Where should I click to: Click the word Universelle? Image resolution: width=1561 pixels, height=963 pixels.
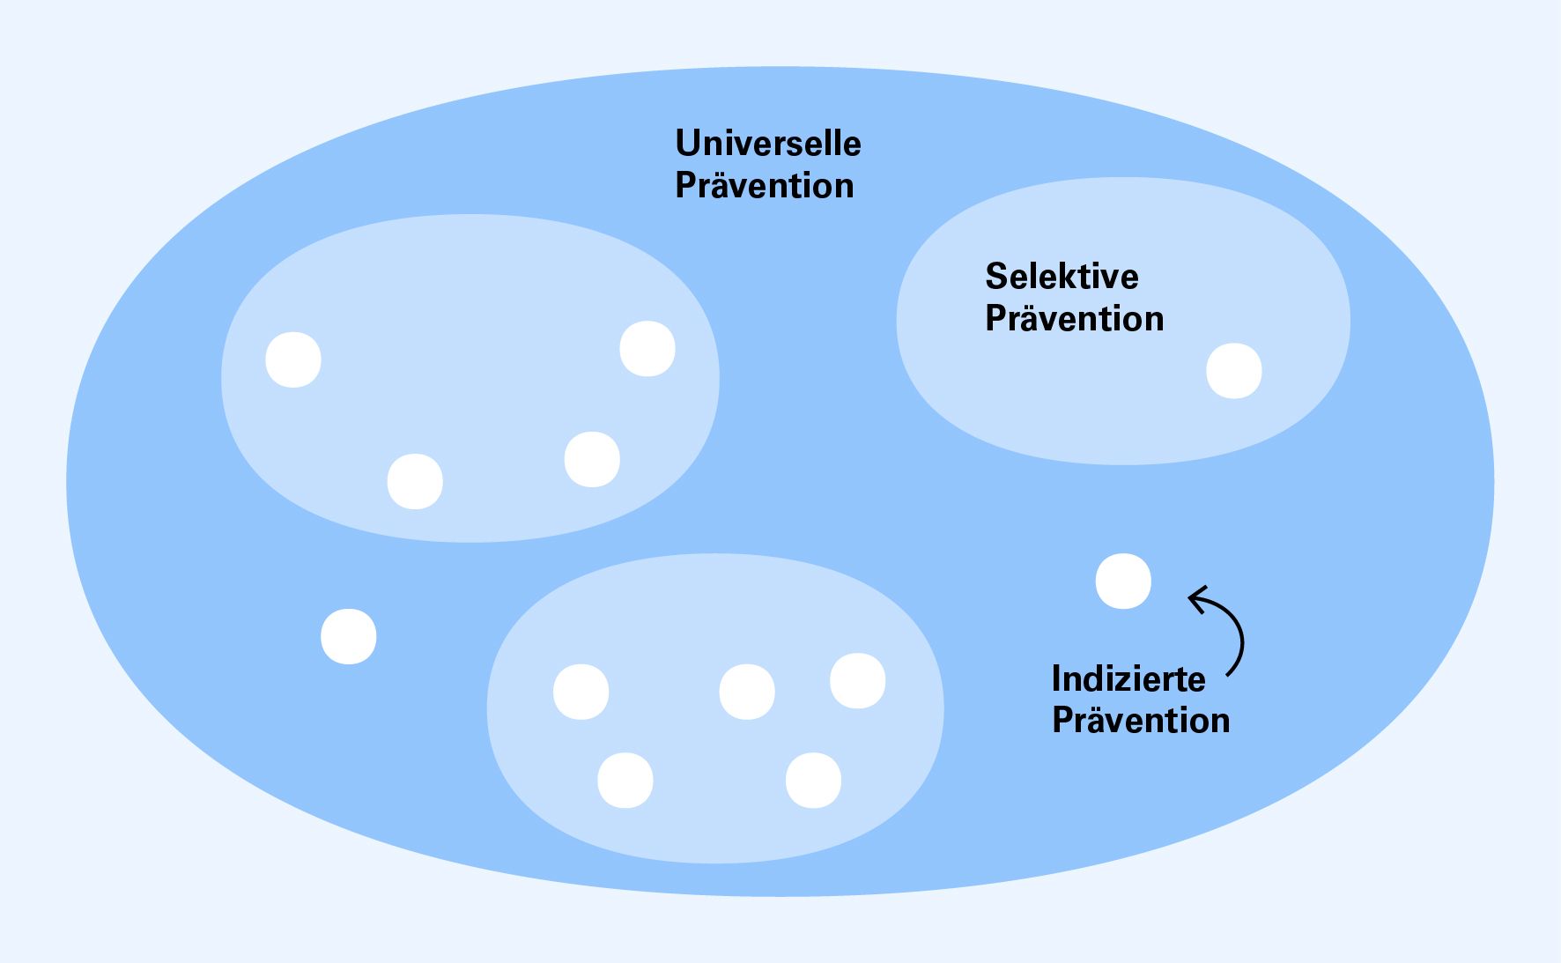click(767, 144)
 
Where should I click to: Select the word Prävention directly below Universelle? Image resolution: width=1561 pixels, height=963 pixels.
click(764, 186)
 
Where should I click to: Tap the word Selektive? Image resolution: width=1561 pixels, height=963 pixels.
click(1062, 277)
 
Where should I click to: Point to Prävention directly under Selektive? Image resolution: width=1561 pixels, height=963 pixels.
click(1074, 318)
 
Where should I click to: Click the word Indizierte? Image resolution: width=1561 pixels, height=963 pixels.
click(1128, 678)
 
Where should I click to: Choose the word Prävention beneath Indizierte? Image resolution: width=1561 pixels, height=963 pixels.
click(1141, 720)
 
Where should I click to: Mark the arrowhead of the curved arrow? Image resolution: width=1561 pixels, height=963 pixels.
click(1195, 599)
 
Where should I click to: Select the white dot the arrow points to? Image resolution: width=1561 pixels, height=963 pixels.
click(1123, 582)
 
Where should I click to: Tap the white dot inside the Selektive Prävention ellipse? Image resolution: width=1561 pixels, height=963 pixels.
click(1233, 371)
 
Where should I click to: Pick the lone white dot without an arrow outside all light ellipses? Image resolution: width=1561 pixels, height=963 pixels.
click(349, 636)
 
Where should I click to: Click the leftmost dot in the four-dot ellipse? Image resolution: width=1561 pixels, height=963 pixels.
click(293, 359)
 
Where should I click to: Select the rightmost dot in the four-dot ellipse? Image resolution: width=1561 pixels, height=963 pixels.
click(647, 349)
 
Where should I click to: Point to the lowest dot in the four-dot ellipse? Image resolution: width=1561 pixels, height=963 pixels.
click(415, 481)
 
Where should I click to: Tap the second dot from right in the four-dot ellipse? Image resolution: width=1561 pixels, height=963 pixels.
click(592, 459)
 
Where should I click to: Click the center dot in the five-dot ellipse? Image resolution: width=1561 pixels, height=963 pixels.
click(747, 692)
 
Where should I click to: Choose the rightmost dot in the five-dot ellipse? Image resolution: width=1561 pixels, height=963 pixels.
click(858, 681)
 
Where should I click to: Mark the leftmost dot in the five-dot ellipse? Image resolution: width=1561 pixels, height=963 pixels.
click(581, 692)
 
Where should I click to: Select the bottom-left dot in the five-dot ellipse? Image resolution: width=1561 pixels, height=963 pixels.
click(625, 781)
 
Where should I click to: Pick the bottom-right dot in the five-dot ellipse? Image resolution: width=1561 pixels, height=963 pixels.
click(813, 781)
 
